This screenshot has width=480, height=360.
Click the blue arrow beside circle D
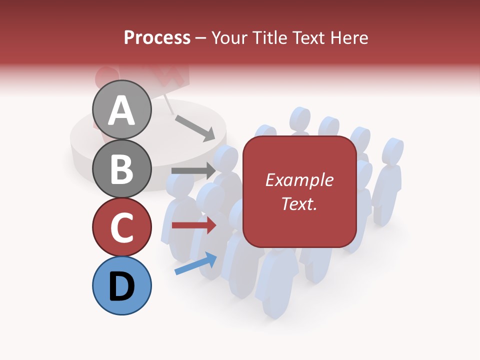[x=195, y=263]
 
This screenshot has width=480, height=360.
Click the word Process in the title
[x=157, y=37]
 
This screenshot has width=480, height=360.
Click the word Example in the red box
[x=299, y=180]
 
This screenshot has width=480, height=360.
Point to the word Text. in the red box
[x=299, y=203]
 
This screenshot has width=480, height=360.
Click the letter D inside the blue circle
[x=122, y=286]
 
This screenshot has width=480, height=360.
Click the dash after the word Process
[x=201, y=38]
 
